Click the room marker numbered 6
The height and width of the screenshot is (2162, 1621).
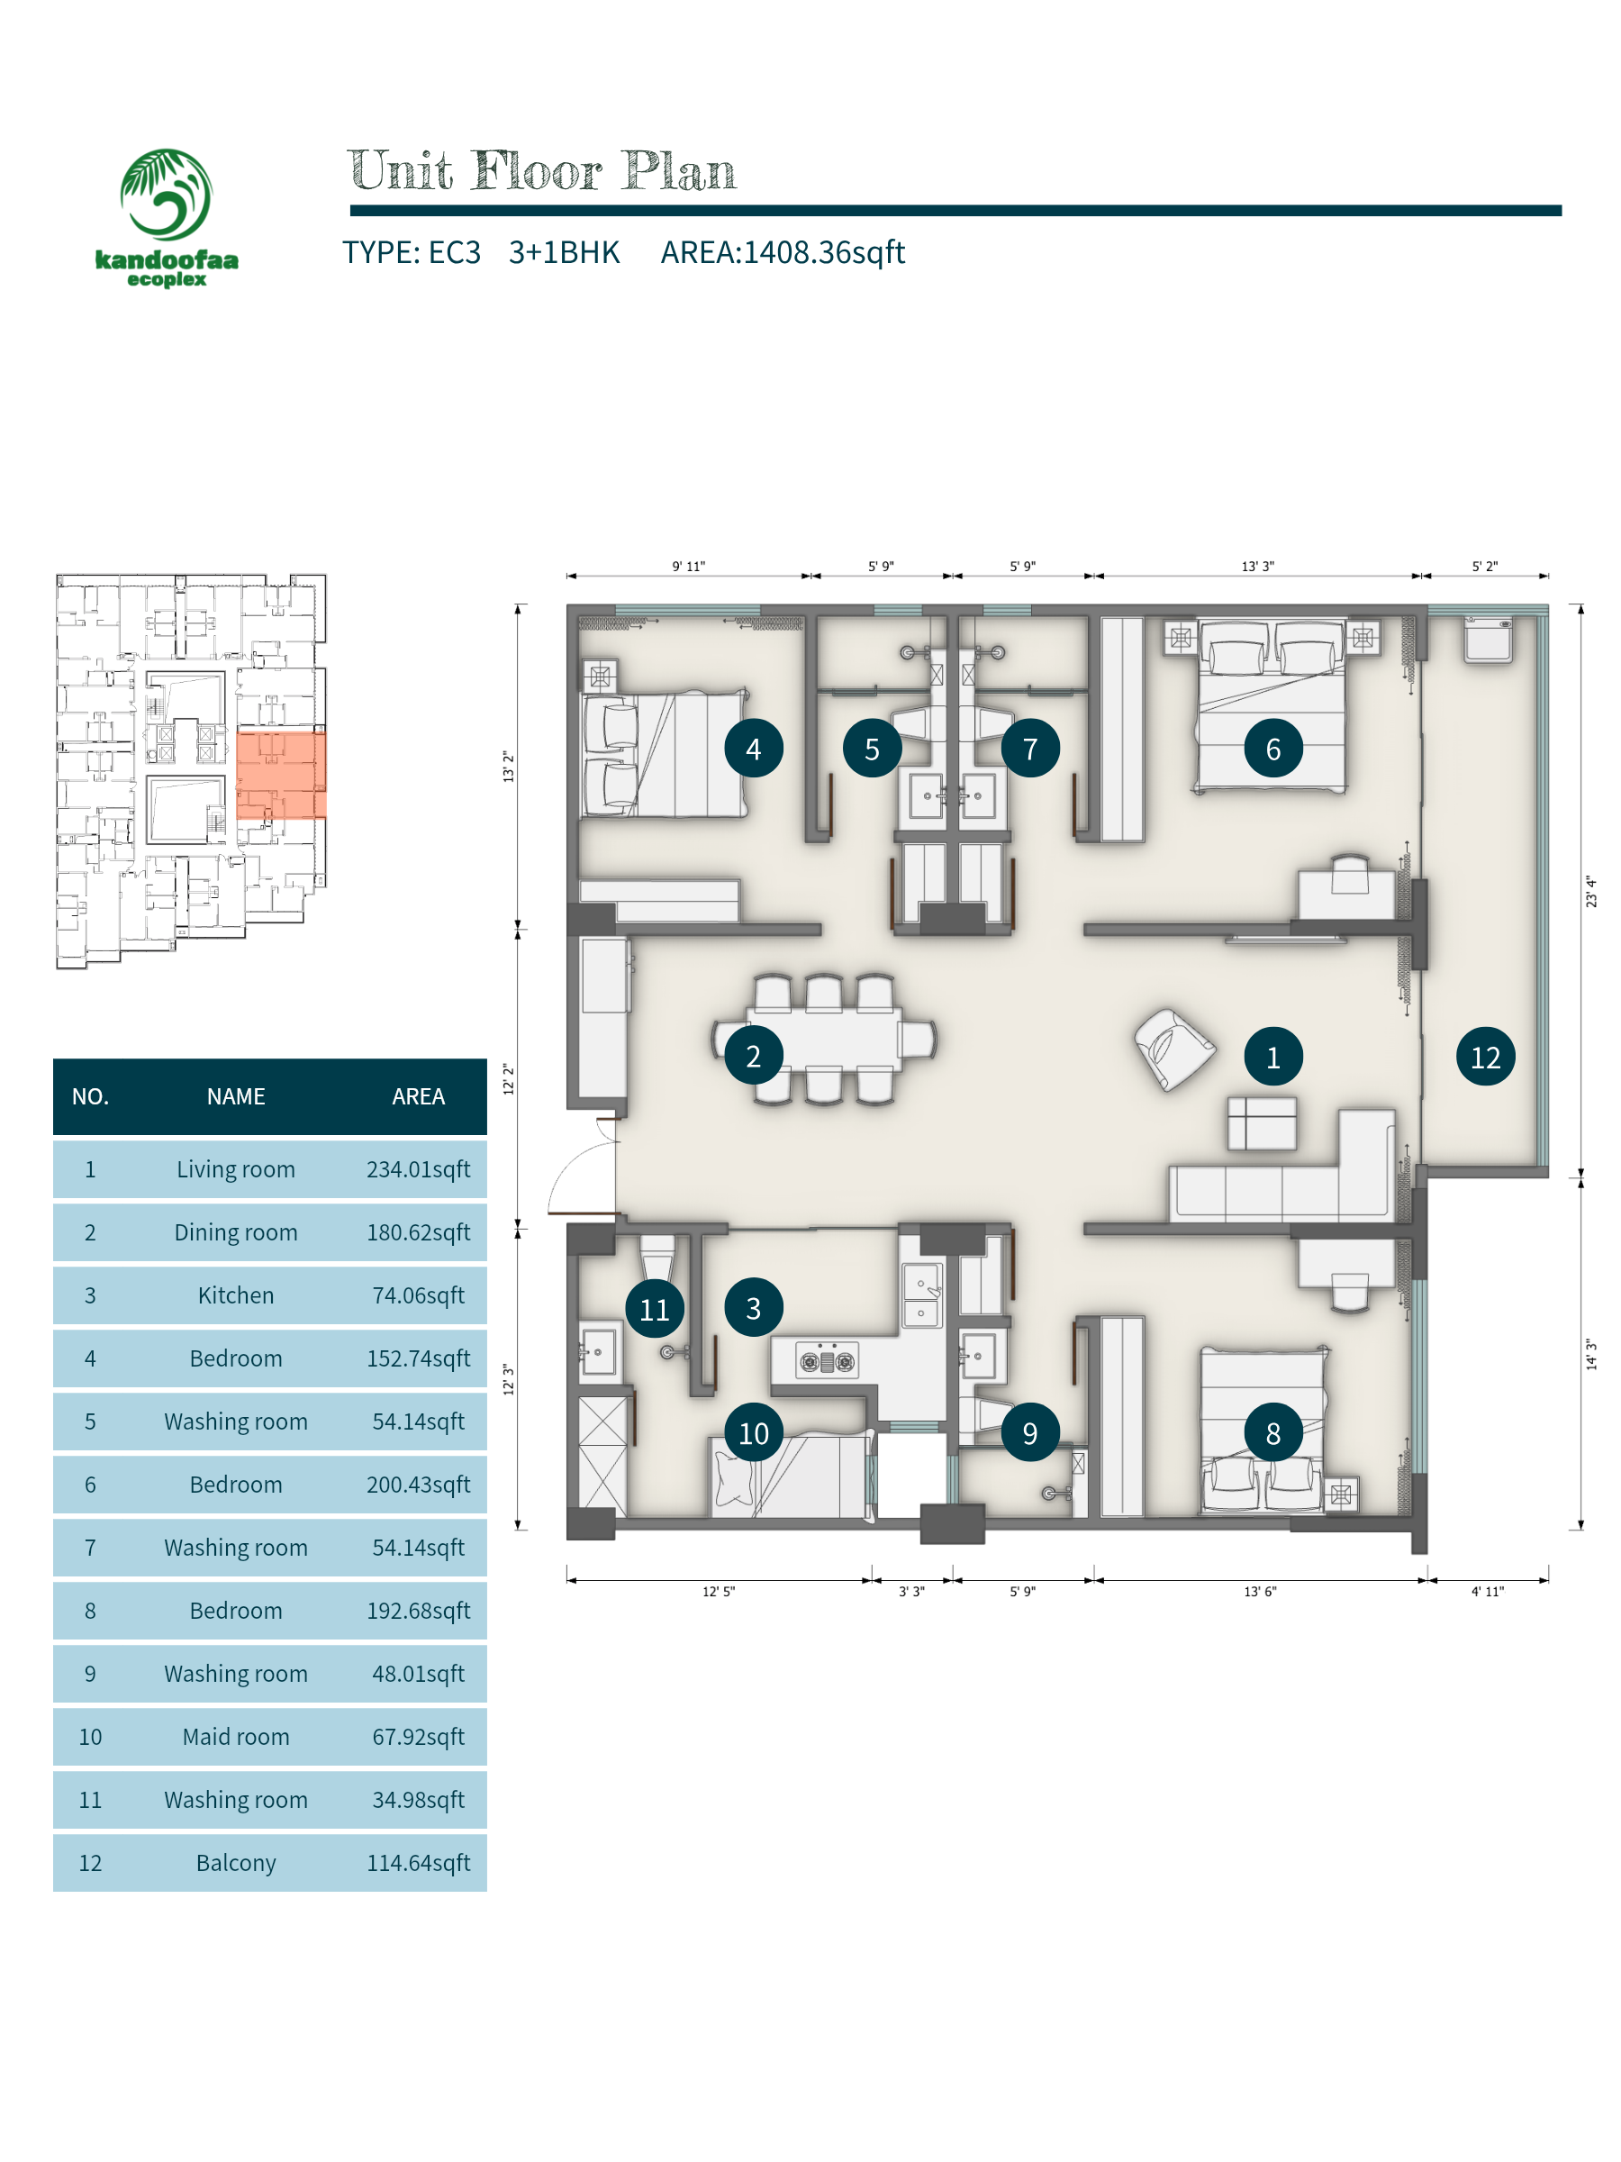(x=1272, y=749)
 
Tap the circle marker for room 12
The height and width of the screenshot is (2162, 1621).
(x=1485, y=1057)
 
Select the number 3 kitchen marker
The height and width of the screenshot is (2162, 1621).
(x=754, y=1308)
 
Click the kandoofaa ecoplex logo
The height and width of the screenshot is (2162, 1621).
(x=166, y=218)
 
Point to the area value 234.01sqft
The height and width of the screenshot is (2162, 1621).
(x=418, y=1169)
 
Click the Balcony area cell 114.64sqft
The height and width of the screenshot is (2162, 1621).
(x=418, y=1863)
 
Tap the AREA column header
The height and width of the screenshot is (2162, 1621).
(x=418, y=1096)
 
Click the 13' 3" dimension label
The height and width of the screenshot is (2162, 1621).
(x=1257, y=567)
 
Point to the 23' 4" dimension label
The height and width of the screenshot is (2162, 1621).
(x=1590, y=892)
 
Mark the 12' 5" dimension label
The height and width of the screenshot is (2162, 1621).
(x=718, y=1592)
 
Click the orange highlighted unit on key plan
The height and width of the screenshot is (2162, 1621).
(x=280, y=775)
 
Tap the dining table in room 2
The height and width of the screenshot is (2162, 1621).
(x=824, y=1039)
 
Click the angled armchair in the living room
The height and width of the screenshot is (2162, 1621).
(x=1173, y=1049)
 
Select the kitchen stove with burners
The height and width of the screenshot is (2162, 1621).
(x=827, y=1359)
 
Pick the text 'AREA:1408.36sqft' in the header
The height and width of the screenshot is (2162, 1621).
(x=783, y=252)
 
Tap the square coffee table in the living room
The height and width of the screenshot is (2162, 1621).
(x=1263, y=1122)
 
